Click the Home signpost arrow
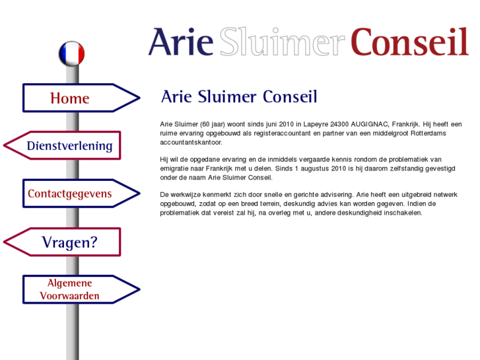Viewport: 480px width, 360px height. point(81,98)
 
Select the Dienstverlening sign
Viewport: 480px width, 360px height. point(62,145)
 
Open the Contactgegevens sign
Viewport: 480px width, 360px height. point(81,194)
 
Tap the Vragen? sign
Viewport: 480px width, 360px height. point(62,242)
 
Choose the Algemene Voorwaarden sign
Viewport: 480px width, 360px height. point(81,289)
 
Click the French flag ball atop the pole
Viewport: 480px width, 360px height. point(71,54)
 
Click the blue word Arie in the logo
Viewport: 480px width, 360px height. point(181,42)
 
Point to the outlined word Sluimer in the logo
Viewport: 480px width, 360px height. point(282,42)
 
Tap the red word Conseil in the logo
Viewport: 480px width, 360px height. point(409,42)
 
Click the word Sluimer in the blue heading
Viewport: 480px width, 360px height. point(227,97)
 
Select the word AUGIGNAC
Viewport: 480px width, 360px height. point(370,124)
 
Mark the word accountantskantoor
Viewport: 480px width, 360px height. point(191,143)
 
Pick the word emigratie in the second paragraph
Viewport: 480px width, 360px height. point(174,169)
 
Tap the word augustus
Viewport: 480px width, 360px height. point(315,168)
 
